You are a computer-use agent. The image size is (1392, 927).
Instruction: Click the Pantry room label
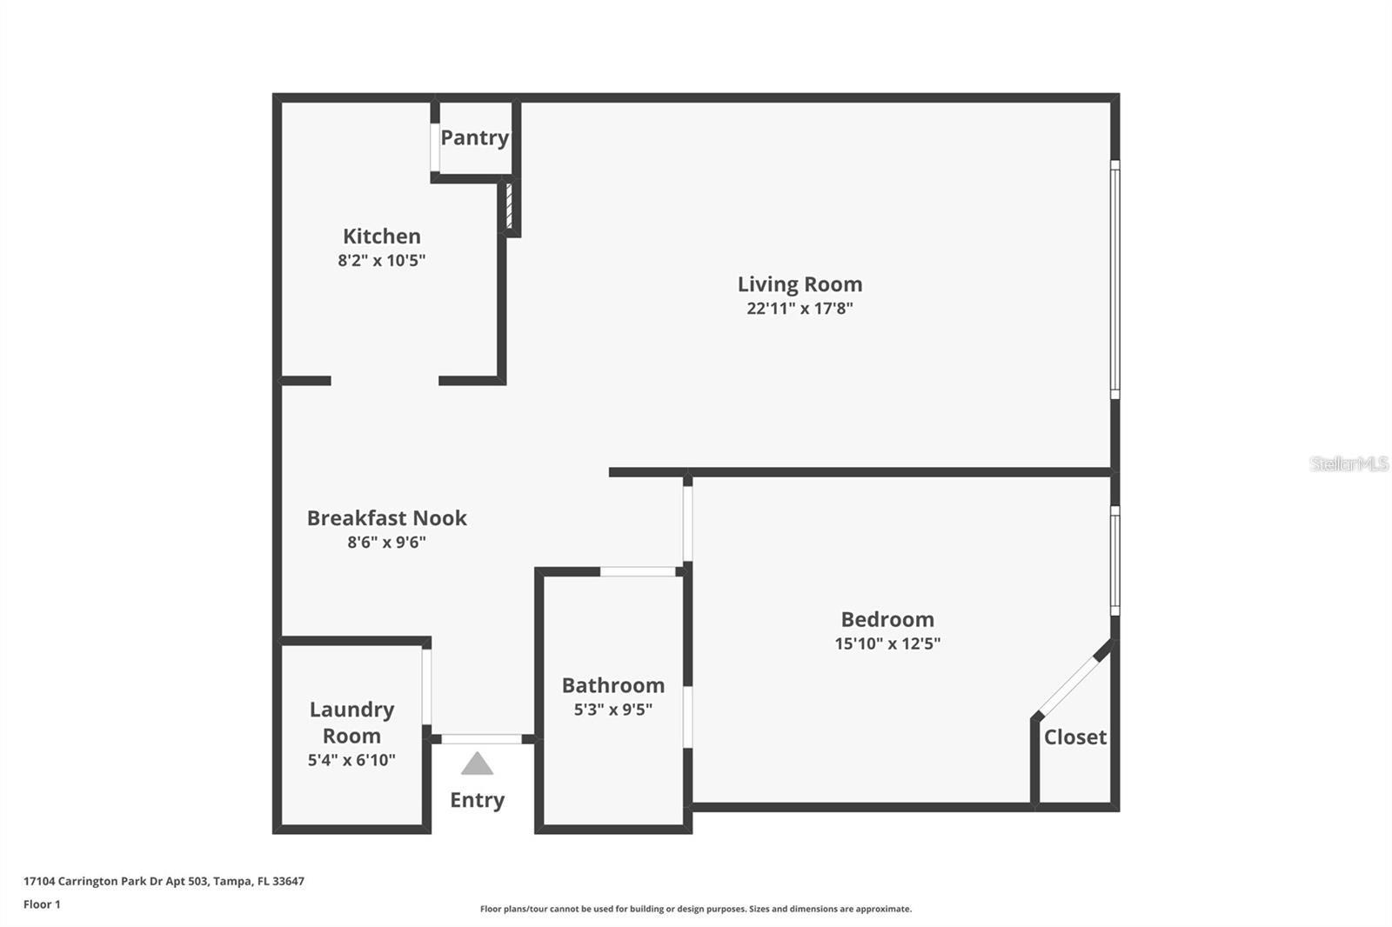click(x=474, y=137)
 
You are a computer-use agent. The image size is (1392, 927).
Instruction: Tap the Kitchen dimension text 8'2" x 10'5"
click(x=381, y=260)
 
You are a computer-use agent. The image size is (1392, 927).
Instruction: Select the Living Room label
click(x=800, y=284)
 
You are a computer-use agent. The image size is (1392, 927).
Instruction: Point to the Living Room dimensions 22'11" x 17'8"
click(x=800, y=308)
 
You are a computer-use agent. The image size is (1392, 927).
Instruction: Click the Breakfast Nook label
click(x=386, y=518)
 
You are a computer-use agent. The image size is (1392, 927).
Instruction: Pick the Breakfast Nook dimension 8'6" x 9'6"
click(x=386, y=543)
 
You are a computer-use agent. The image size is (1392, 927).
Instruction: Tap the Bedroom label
click(x=887, y=619)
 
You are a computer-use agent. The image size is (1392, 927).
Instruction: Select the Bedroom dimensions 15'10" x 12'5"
click(x=887, y=644)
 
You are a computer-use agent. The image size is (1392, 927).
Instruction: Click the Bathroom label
click(x=612, y=685)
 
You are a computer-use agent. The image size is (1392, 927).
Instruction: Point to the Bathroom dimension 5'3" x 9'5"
click(x=612, y=710)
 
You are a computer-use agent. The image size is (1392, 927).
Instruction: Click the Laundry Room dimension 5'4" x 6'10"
click(x=351, y=760)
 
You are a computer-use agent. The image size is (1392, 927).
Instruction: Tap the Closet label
click(x=1075, y=737)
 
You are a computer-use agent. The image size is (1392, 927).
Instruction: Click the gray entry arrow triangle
click(x=477, y=764)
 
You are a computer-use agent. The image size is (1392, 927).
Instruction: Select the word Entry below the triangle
click(x=477, y=800)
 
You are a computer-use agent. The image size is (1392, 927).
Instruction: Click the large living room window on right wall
click(x=1114, y=278)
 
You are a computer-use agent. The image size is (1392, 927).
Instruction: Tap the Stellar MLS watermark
click(x=1348, y=463)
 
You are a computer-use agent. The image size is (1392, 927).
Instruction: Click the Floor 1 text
click(x=42, y=904)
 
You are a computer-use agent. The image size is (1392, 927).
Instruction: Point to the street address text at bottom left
click(x=164, y=881)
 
